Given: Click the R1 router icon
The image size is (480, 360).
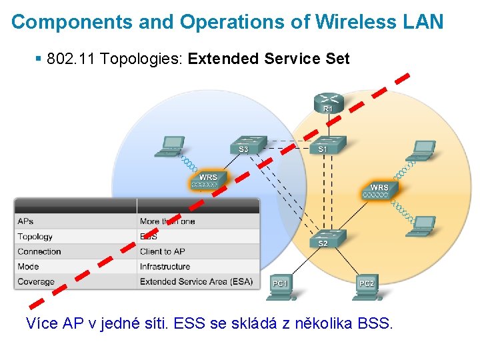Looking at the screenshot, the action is pos(327,103).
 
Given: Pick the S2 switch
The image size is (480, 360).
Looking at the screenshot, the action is pos(323,238).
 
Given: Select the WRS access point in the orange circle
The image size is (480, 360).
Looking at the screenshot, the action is pos(379,190).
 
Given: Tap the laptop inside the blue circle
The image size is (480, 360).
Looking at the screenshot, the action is pos(171,147).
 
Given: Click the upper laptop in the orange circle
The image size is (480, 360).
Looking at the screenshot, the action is pos(421,151).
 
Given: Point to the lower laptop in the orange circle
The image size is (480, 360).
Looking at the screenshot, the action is pos(423,226).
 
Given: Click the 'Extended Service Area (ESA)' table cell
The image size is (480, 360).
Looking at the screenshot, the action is pos(196,282).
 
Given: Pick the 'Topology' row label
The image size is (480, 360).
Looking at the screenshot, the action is pos(35,237).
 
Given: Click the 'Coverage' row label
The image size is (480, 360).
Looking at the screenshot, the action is pos(36,282).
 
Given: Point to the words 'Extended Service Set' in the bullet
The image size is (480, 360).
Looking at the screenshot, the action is pos(269,59).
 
